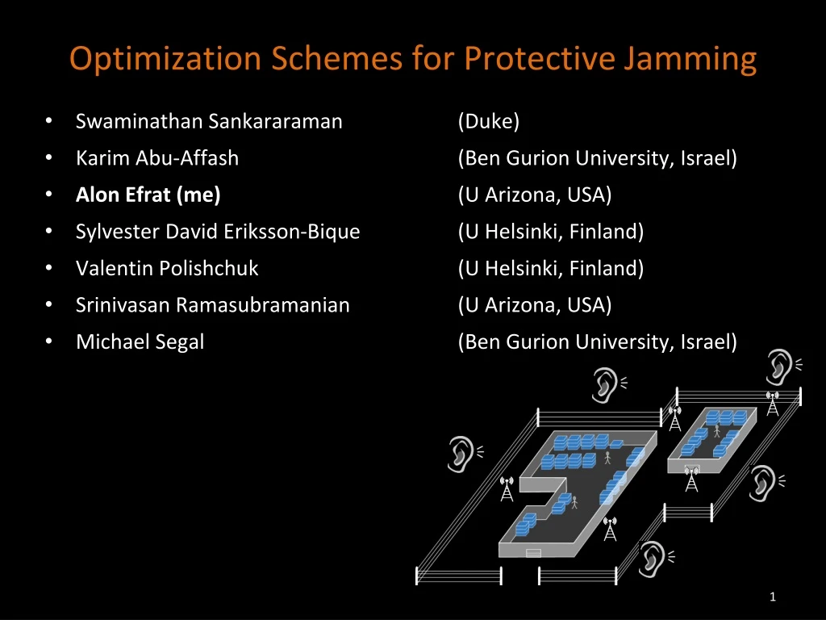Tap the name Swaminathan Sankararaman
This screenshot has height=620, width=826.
(209, 121)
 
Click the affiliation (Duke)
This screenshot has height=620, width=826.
(489, 121)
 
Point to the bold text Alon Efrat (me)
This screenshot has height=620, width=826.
(148, 195)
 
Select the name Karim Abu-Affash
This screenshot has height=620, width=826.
(157, 158)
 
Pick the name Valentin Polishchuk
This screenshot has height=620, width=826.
(167, 268)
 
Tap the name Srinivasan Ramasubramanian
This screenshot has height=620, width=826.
(213, 305)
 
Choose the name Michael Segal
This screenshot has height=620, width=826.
(140, 341)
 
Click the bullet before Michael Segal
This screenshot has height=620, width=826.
(49, 341)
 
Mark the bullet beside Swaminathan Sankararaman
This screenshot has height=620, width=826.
(49, 121)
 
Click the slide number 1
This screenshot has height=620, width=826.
(773, 597)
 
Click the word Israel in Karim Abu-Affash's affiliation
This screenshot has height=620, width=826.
(707, 158)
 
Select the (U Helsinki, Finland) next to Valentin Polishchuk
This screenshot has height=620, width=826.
(551, 268)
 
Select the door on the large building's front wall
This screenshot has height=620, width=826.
(532, 553)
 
